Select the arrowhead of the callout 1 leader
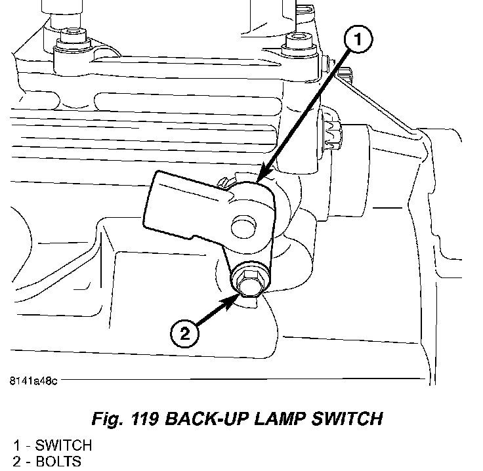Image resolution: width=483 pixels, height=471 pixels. coord(261,178)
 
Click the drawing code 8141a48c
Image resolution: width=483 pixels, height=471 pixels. coord(33,381)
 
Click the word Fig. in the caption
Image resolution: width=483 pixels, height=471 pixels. coord(110,418)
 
